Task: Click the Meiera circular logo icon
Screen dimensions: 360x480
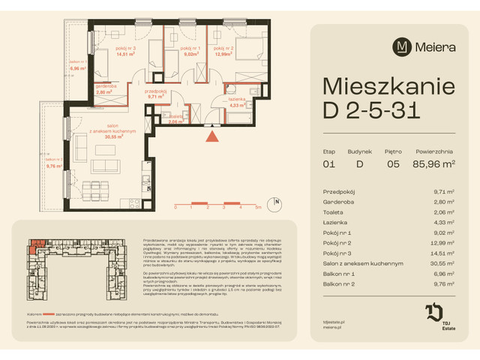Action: (403, 47)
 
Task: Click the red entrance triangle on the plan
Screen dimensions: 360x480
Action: (213, 136)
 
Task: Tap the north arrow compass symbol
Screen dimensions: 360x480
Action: (276, 202)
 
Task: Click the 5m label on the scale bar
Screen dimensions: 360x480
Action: (257, 206)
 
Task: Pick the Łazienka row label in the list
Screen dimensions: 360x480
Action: (334, 223)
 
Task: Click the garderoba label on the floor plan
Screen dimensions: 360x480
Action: (105, 86)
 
